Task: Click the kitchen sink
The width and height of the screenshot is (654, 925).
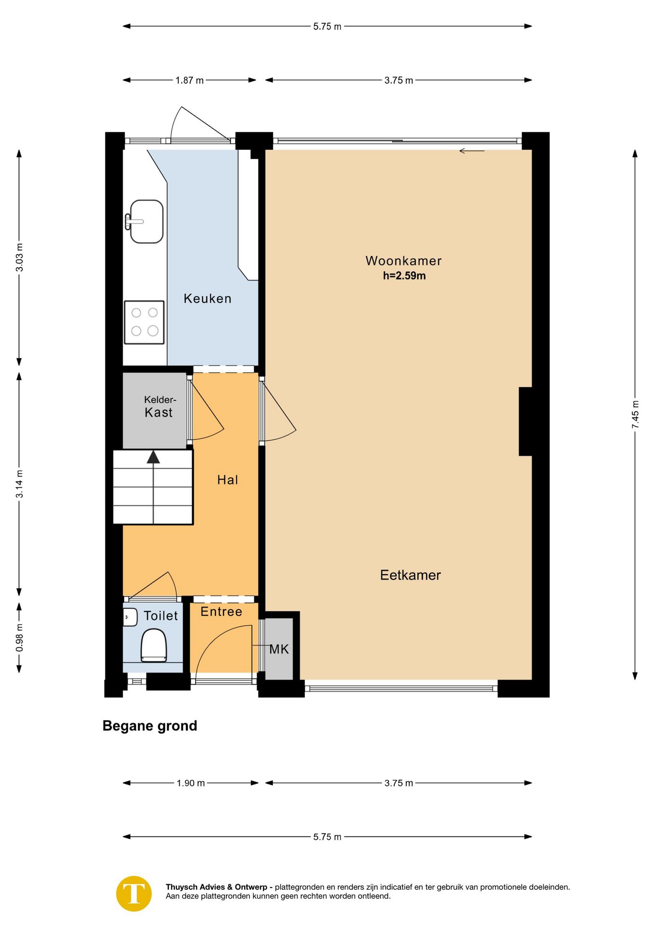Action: [144, 222]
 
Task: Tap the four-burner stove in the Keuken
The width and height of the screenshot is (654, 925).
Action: [144, 322]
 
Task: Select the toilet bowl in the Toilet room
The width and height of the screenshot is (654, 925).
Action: [154, 646]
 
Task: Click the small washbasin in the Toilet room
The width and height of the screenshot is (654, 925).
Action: [130, 617]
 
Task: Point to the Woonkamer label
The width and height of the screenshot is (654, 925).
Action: [404, 261]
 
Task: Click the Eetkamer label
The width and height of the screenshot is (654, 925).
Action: [410, 575]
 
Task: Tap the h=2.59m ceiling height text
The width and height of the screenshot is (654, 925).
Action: [404, 276]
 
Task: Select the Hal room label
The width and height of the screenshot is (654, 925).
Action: [227, 479]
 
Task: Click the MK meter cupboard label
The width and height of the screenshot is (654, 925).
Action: [279, 649]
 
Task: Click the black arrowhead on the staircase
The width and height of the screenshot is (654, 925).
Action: [153, 457]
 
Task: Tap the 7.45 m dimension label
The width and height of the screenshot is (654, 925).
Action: [635, 414]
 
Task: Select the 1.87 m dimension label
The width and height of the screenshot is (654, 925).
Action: [189, 80]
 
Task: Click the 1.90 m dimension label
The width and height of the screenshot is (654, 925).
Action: [191, 783]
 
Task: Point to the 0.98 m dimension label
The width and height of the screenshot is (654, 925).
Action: [19, 637]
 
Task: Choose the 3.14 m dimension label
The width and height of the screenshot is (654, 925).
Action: [19, 484]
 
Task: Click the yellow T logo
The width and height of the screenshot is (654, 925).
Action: [134, 893]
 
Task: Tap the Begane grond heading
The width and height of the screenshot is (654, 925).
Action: [150, 726]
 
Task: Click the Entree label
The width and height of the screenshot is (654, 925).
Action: [221, 611]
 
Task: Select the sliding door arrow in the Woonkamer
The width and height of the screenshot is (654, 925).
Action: [471, 151]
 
